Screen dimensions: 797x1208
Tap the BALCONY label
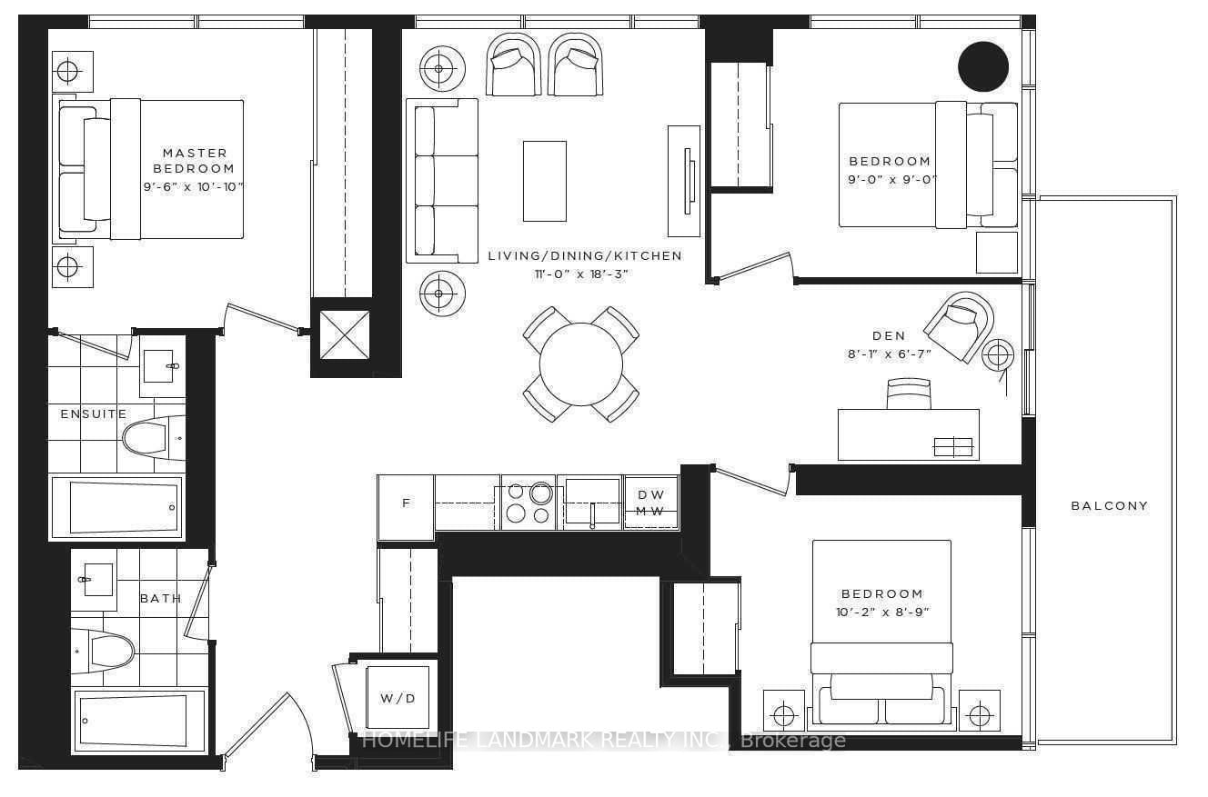click(x=1109, y=506)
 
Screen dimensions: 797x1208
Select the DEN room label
click(x=888, y=336)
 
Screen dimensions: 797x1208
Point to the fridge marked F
click(x=406, y=503)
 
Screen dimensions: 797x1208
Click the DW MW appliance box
click(x=650, y=503)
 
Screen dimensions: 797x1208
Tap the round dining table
click(x=580, y=364)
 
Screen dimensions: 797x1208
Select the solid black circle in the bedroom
click(x=983, y=67)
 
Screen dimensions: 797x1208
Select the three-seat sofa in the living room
click(x=442, y=181)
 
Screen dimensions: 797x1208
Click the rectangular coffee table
click(x=544, y=181)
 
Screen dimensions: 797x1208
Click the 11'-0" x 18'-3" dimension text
click(x=584, y=274)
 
